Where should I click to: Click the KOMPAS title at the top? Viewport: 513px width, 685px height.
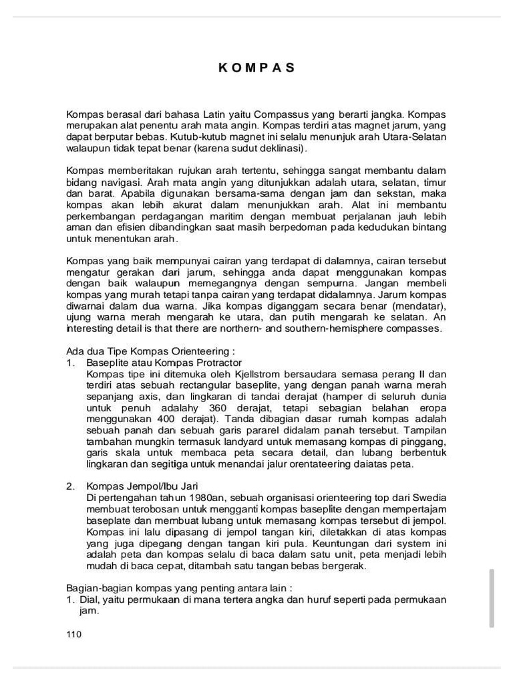[x=256, y=68]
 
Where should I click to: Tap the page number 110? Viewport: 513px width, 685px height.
[x=73, y=635]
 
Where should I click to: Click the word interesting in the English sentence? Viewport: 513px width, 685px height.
[x=93, y=328]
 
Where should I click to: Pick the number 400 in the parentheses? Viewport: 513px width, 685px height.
[x=165, y=418]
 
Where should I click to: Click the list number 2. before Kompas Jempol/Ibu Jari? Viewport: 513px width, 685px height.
[x=70, y=486]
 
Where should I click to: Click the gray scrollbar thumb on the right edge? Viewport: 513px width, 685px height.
[x=492, y=598]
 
